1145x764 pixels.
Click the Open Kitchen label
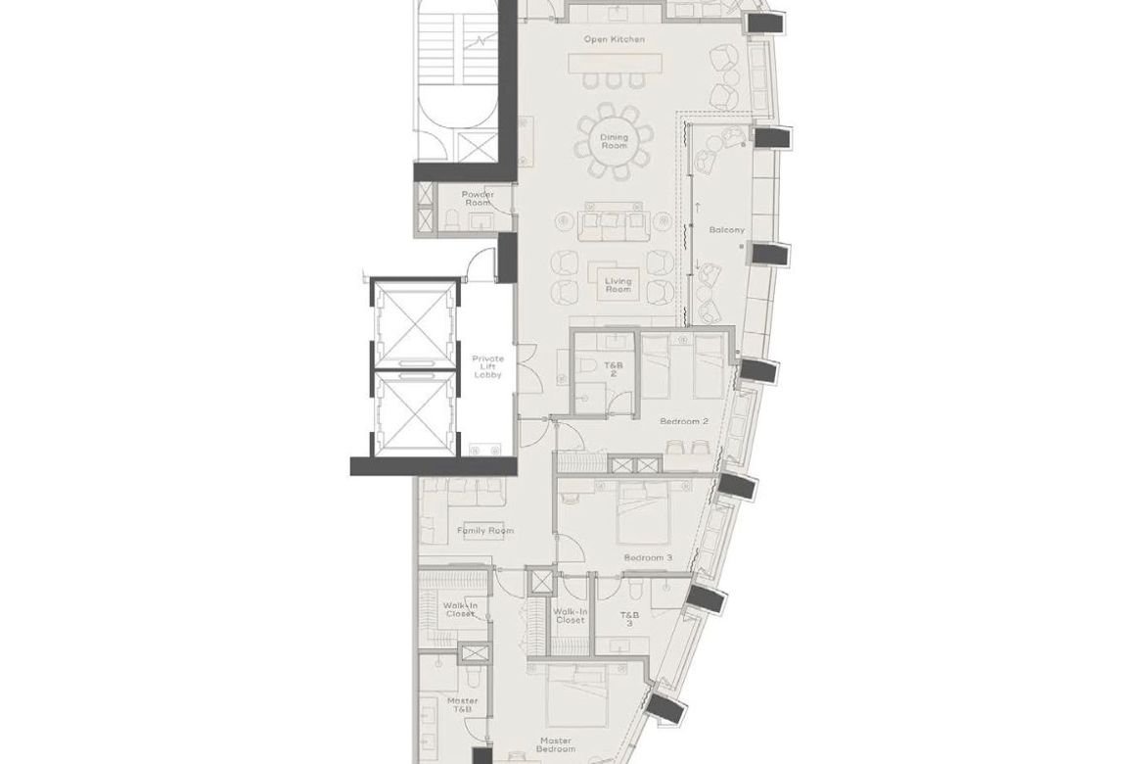click(x=615, y=39)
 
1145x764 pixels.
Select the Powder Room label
click(x=478, y=198)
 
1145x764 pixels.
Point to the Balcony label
click(x=726, y=229)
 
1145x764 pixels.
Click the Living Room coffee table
click(x=618, y=279)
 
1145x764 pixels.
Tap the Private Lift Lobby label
click(x=487, y=366)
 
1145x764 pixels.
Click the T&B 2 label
click(x=613, y=367)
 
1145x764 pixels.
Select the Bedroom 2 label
click(x=684, y=421)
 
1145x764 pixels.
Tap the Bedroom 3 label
click(x=648, y=558)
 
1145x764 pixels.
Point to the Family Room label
click(x=484, y=531)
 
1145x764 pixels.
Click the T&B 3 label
click(x=629, y=620)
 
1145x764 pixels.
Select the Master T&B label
click(x=462, y=705)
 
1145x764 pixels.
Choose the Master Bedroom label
click(x=556, y=745)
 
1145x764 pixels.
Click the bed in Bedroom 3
click(x=644, y=514)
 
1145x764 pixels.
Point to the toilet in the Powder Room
click(x=450, y=218)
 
